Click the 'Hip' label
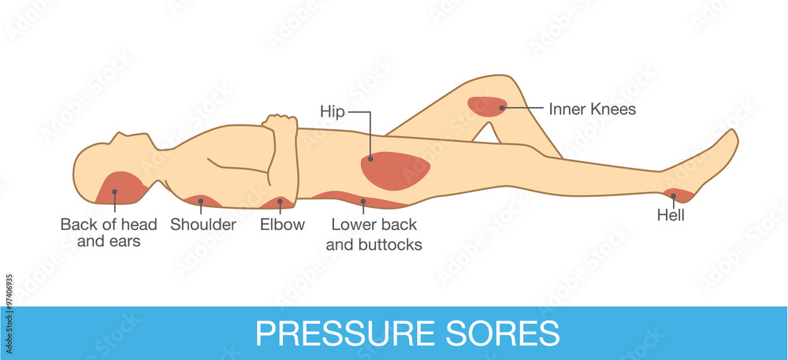click(333, 111)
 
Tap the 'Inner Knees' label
click(592, 109)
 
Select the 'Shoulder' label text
click(203, 224)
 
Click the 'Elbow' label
click(282, 224)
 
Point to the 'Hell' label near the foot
click(671, 215)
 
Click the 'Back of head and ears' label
click(109, 232)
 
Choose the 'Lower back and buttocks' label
click(374, 235)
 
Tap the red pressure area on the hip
click(395, 171)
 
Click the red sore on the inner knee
click(487, 106)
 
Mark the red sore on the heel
click(678, 195)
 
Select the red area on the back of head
click(121, 188)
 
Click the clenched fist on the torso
click(280, 124)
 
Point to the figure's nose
click(117, 136)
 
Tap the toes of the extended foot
click(731, 138)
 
